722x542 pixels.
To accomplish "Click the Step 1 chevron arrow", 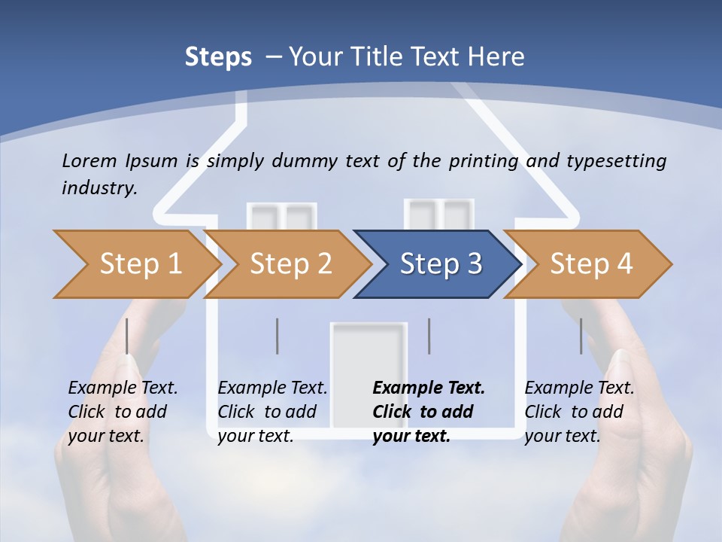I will point(135,264).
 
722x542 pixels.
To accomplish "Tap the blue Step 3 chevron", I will point(438,264).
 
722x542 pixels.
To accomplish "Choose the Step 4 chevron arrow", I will point(589,264).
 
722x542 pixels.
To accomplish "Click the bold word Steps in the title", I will point(218,57).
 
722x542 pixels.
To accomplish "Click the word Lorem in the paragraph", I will point(89,160).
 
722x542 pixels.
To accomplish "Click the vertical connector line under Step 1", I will point(127,336).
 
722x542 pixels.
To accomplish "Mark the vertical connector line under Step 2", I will point(278,336).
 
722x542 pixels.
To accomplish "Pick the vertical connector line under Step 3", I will point(429,336).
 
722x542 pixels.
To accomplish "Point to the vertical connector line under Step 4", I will point(581,336).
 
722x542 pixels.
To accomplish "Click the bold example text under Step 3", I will point(427,412).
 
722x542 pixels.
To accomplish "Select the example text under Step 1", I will point(122,412).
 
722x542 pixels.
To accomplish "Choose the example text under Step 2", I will point(272,412).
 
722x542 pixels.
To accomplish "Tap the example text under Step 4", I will point(578,412).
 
